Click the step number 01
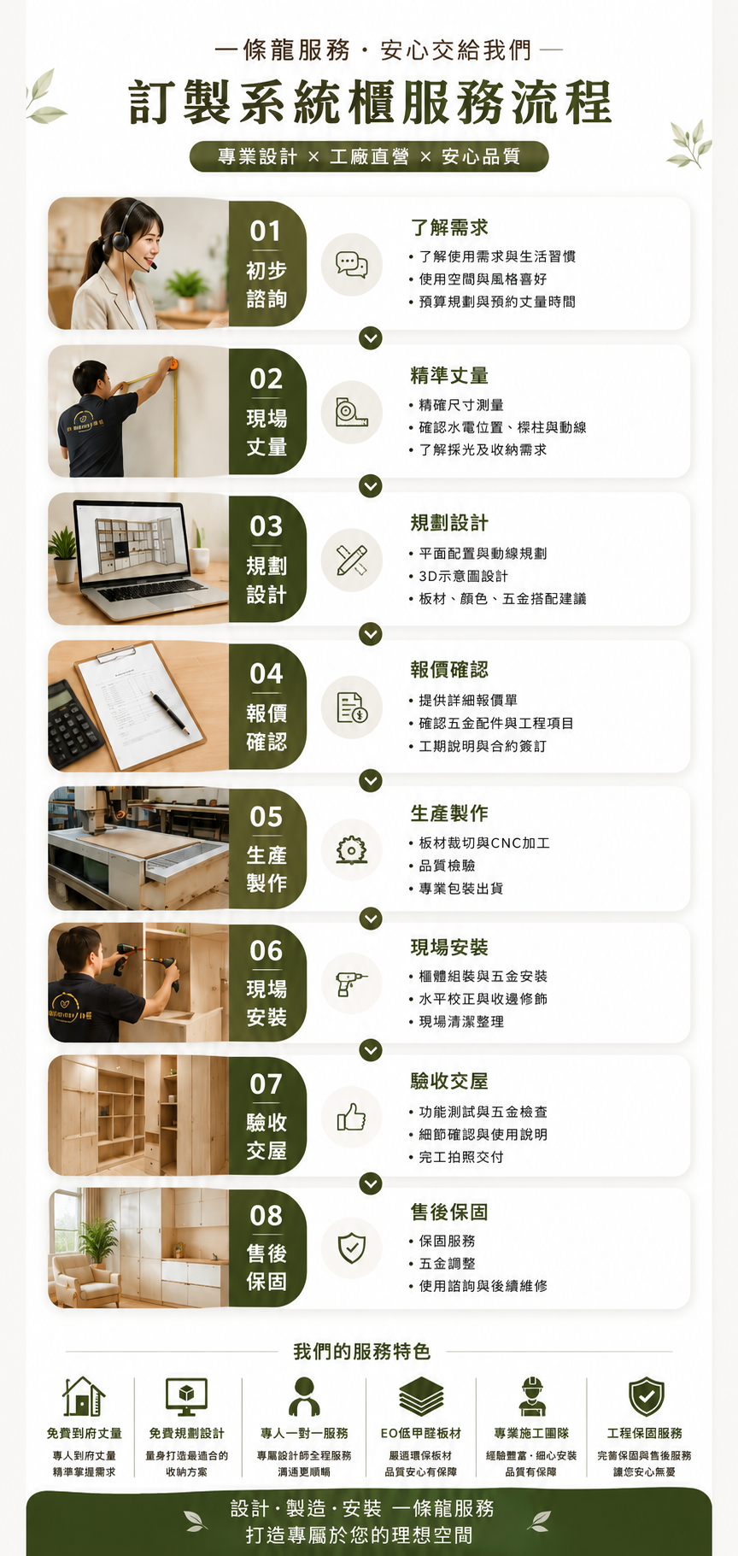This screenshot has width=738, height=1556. click(266, 232)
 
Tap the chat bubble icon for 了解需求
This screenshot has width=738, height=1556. click(352, 264)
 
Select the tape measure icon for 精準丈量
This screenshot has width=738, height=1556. click(351, 412)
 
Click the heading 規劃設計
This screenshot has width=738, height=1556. click(449, 522)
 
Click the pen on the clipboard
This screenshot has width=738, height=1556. click(171, 713)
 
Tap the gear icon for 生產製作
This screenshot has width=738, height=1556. click(351, 850)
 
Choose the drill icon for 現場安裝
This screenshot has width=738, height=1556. click(351, 984)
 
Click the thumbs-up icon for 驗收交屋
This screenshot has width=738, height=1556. click(351, 1116)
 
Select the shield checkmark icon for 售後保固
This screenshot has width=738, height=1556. click(351, 1248)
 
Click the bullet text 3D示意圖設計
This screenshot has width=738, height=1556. click(464, 576)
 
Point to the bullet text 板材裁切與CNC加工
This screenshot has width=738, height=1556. click(484, 843)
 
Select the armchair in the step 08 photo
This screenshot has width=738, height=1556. click(85, 1279)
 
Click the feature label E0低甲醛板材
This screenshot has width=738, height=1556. click(421, 1433)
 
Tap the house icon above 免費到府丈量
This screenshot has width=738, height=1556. click(84, 1396)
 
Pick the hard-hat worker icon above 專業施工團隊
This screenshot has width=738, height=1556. click(531, 1396)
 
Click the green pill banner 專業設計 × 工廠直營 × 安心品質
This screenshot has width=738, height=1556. click(369, 156)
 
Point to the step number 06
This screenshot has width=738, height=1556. click(266, 951)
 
